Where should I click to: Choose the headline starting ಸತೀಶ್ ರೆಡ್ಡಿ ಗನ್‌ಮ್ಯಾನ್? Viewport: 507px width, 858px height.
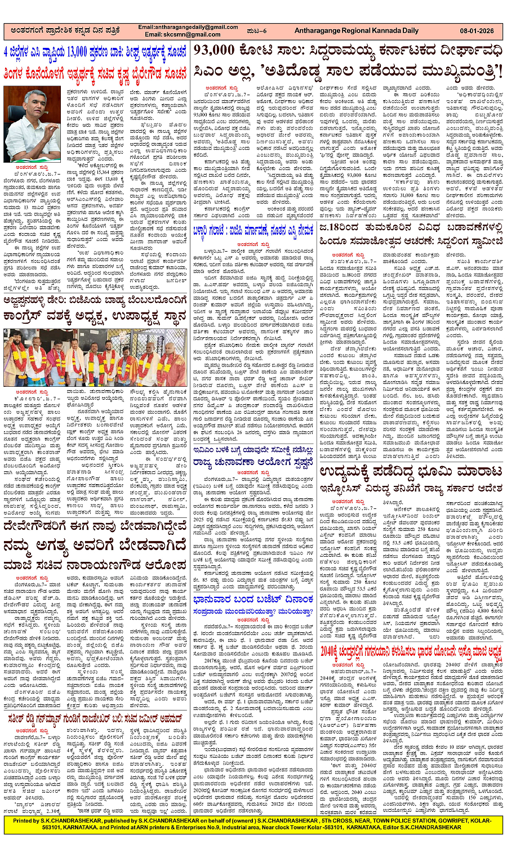coord(96,701)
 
